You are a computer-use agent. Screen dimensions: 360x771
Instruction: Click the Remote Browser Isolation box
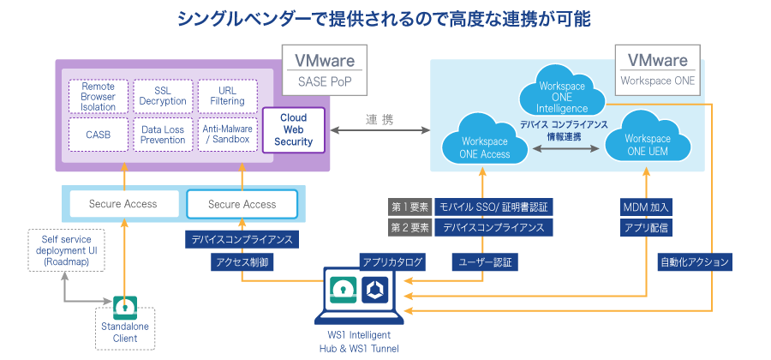(99, 96)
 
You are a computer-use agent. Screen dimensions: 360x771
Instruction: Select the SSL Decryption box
(163, 96)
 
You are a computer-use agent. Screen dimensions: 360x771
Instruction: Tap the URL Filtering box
(226, 96)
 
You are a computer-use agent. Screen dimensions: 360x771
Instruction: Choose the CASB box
(99, 135)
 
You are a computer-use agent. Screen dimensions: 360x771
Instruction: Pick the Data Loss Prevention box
(163, 135)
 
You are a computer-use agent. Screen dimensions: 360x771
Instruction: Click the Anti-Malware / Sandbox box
(226, 135)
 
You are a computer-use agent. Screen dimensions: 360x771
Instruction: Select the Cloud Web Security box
(294, 129)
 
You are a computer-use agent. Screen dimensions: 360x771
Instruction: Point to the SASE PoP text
(325, 82)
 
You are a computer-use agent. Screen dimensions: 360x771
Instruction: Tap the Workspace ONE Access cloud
(485, 147)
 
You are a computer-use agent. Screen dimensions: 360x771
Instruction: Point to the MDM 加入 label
(647, 207)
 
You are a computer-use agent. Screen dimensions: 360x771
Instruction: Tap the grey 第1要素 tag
(409, 207)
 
